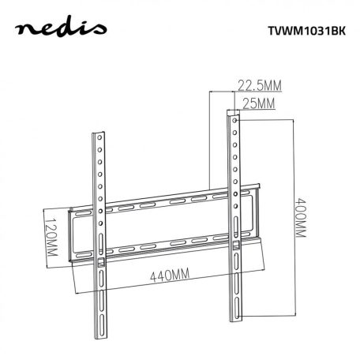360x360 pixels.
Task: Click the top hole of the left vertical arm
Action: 101,142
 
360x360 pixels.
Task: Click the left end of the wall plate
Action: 72,233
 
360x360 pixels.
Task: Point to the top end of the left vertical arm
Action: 101,131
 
